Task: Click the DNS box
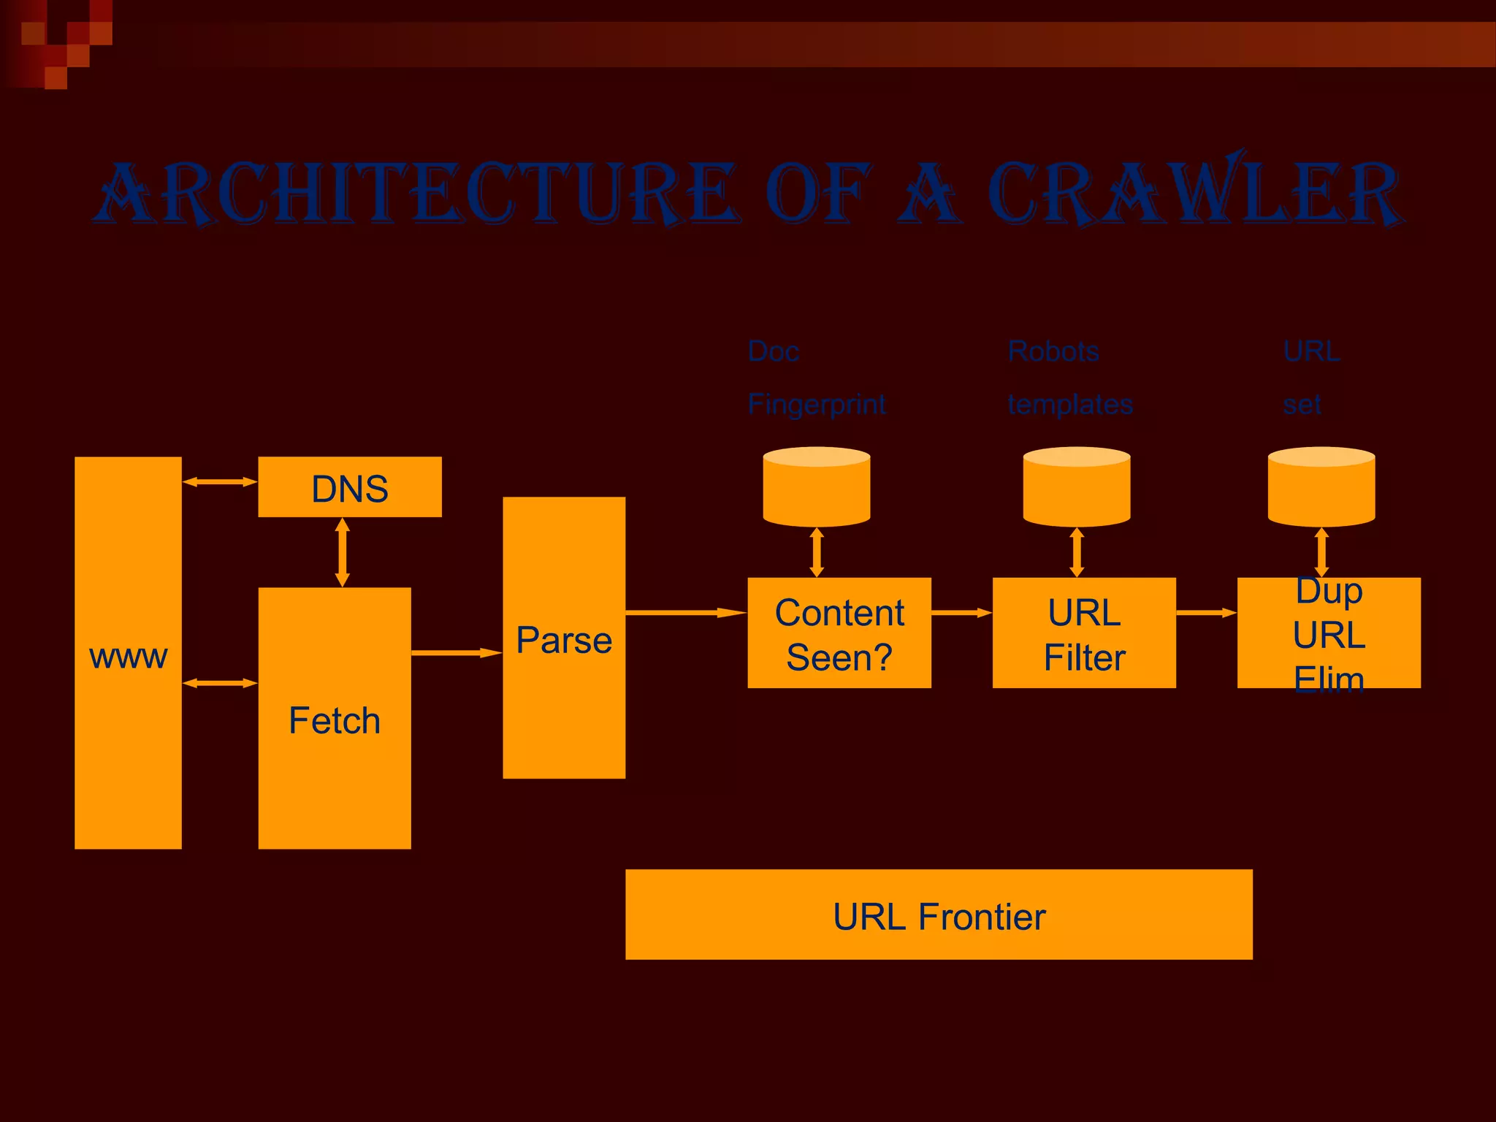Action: coord(349,487)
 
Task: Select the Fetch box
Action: coord(335,718)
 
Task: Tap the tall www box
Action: coord(128,652)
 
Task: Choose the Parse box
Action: coord(564,638)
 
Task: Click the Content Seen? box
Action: coord(839,633)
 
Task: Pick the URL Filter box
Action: coord(1084,633)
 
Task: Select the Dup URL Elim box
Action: coord(1329,633)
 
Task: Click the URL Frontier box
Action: coord(939,915)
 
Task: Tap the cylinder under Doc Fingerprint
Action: coord(817,486)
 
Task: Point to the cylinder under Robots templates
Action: coord(1077,486)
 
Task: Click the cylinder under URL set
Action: coord(1321,486)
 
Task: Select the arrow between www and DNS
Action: coord(219,482)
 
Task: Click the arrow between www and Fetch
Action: coord(219,683)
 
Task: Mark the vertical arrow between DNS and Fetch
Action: coord(342,552)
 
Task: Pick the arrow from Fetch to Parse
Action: coord(457,653)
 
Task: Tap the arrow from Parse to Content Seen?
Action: coord(686,613)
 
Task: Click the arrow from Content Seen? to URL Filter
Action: coord(961,613)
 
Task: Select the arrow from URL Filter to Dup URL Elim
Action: coord(1206,613)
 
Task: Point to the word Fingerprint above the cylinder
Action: coord(817,404)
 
